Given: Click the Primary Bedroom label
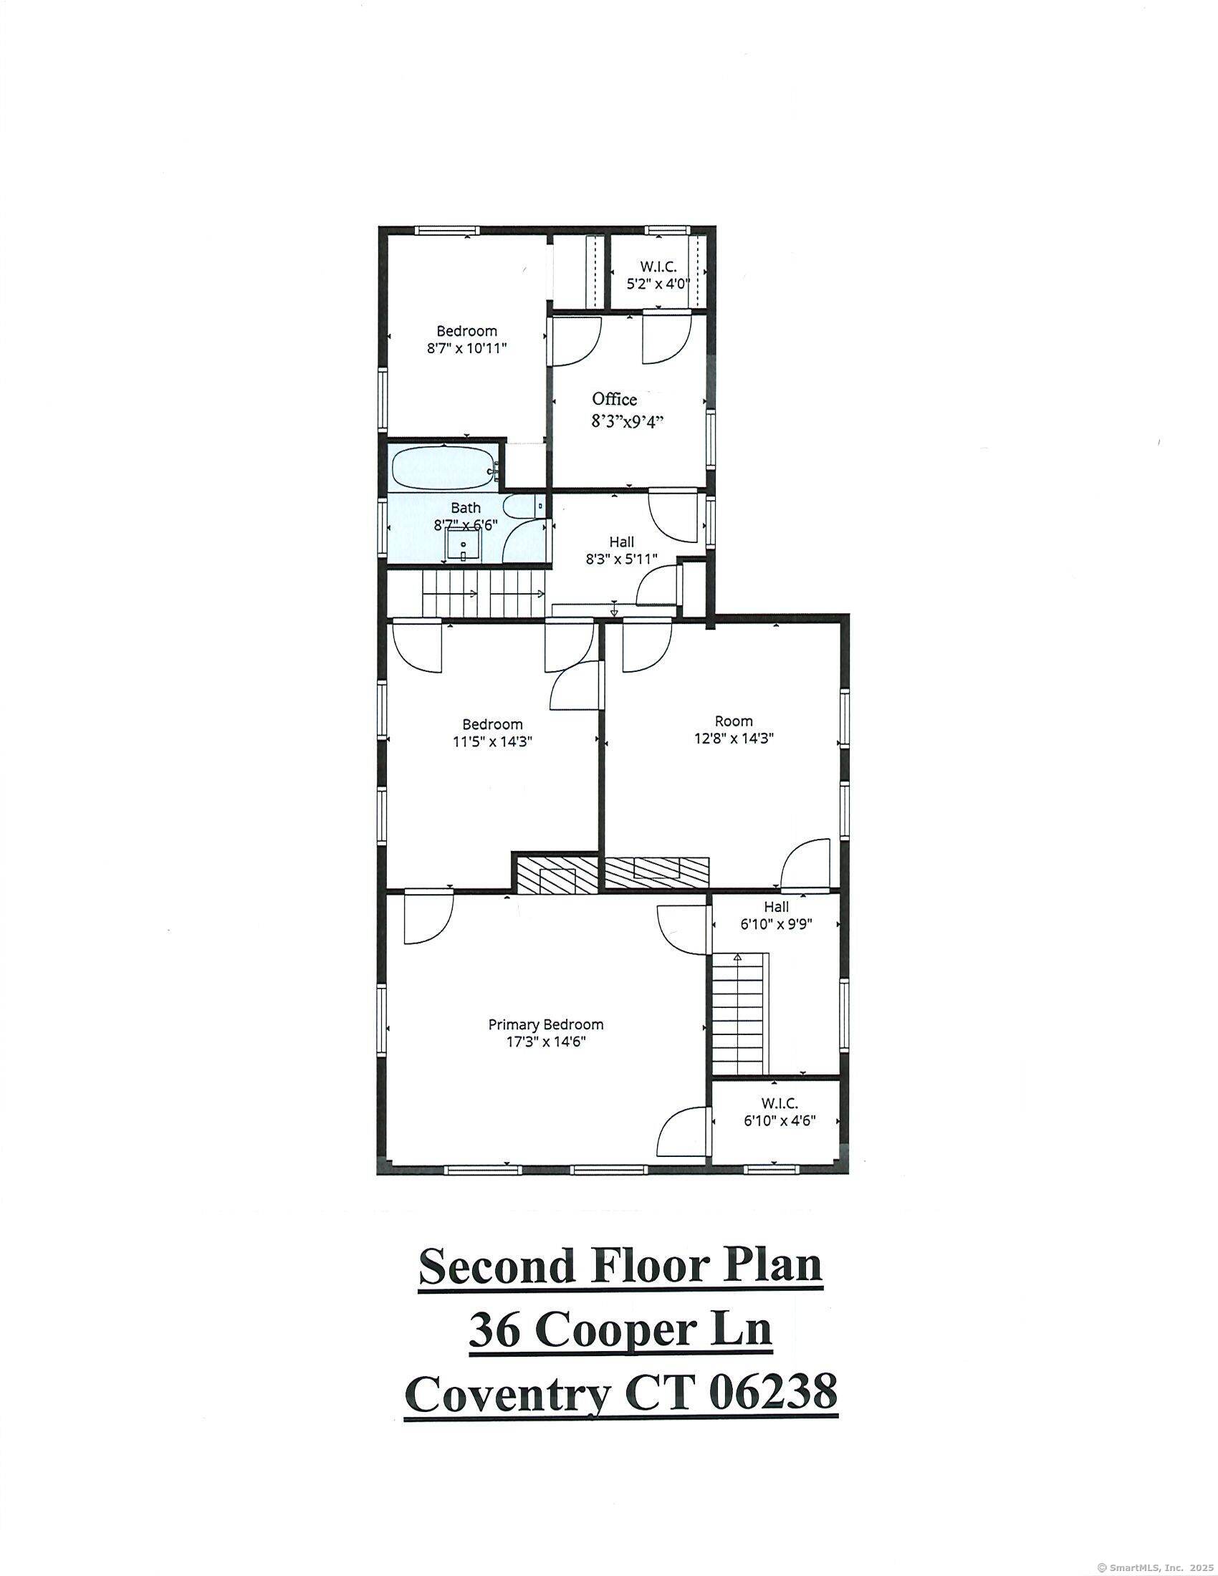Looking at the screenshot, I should tap(545, 1024).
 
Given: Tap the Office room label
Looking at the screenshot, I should tap(614, 399).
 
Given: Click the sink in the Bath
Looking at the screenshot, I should tap(462, 544).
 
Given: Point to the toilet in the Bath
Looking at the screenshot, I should tap(521, 506).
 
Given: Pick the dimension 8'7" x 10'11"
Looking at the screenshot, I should tap(467, 348).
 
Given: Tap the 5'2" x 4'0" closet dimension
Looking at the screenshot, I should tap(657, 284).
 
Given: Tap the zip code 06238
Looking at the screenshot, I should tap(774, 1393).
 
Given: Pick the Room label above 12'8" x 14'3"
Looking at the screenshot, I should tap(734, 721).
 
